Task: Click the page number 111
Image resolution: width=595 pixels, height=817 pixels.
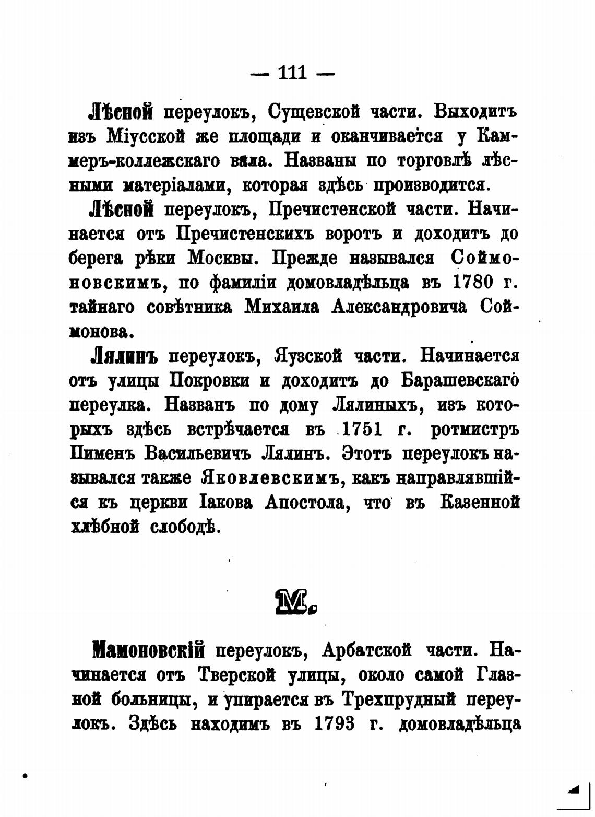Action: [292, 72]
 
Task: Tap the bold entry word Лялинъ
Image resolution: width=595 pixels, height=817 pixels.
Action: [124, 357]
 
